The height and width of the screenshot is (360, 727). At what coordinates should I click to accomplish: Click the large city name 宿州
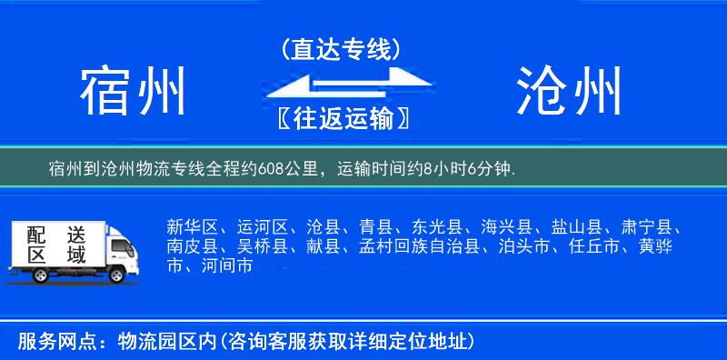point(133,91)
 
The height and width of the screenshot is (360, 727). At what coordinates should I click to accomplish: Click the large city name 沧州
point(570,91)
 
